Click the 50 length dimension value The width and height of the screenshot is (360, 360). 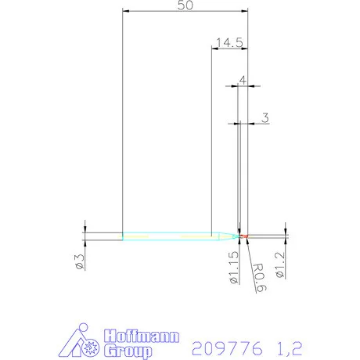[186, 5]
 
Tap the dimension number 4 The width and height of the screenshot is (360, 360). [243, 80]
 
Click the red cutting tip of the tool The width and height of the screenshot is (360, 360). [243, 236]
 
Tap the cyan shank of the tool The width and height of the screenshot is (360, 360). [164, 235]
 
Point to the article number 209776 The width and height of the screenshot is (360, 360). [228, 345]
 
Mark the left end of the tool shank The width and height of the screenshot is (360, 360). [123, 235]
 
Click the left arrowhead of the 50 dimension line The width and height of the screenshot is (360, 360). [125, 12]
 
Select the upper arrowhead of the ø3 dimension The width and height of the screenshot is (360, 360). [85, 229]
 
